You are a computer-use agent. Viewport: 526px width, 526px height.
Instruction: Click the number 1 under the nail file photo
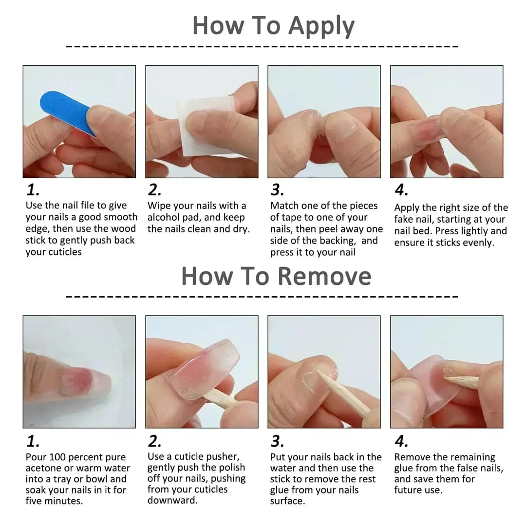pos(32,190)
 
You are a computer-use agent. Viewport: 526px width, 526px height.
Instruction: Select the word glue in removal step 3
pos(281,490)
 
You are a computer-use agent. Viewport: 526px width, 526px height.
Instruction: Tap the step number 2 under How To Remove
pos(154,441)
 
